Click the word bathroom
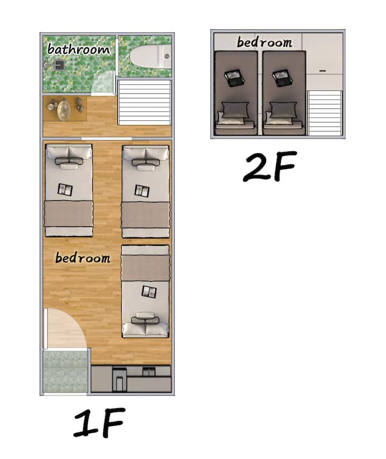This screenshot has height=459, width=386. [78, 49]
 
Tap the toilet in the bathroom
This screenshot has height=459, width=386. [150, 56]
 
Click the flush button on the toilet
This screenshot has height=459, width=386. [167, 56]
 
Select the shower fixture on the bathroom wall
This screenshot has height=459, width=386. [56, 64]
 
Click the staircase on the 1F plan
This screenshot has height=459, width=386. [144, 103]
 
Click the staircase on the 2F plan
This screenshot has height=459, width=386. [325, 113]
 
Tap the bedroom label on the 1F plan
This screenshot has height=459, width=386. [83, 258]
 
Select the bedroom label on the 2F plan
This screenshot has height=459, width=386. [264, 42]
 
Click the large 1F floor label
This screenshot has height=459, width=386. [99, 422]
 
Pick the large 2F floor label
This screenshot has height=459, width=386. [270, 166]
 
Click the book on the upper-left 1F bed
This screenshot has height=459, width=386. [65, 190]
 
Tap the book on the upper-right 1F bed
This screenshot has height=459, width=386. [142, 191]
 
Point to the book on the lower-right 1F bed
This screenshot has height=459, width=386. [149, 292]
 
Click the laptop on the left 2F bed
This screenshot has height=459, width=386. [234, 77]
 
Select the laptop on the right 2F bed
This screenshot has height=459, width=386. [282, 78]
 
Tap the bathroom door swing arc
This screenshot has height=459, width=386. [102, 83]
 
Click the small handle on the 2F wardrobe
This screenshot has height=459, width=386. [323, 71]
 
